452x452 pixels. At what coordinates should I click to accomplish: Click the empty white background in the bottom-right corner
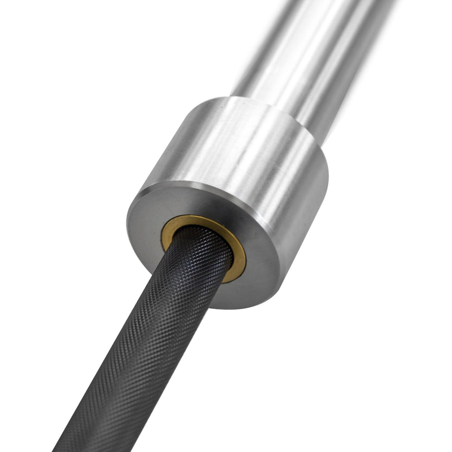click(x=419, y=419)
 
